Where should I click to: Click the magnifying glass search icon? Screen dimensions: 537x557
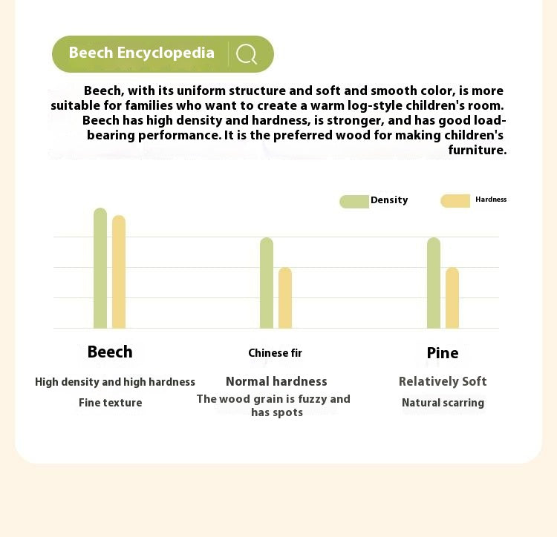pos(246,54)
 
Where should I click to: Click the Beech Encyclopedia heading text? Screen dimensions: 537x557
pos(141,53)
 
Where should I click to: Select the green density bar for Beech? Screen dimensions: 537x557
pos(100,268)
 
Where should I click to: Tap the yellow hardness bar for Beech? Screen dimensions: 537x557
pos(119,271)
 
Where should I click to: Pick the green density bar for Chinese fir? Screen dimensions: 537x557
pos(267,283)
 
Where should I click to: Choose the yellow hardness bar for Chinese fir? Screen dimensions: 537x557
pos(285,297)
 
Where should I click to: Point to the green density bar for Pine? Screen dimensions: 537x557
pos(434,283)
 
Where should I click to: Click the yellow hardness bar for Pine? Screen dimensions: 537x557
pos(452,297)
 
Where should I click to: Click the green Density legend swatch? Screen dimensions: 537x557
pos(354,201)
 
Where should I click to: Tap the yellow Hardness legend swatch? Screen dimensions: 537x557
pos(455,200)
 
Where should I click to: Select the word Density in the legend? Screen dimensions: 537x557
pos(389,200)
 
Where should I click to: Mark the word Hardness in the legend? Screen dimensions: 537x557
pos(491,200)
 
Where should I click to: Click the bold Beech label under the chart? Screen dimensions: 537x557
pos(110,352)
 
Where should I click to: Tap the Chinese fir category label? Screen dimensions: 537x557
pos(275,353)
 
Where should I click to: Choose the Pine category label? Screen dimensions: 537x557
pos(443,353)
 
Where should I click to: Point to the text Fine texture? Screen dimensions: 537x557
pos(110,403)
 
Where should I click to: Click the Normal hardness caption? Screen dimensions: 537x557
pos(276,381)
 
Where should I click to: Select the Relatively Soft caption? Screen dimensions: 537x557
pos(443,381)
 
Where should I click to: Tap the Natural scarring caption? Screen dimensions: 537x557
pos(443,403)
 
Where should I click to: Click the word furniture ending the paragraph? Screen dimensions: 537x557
pos(477,150)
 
